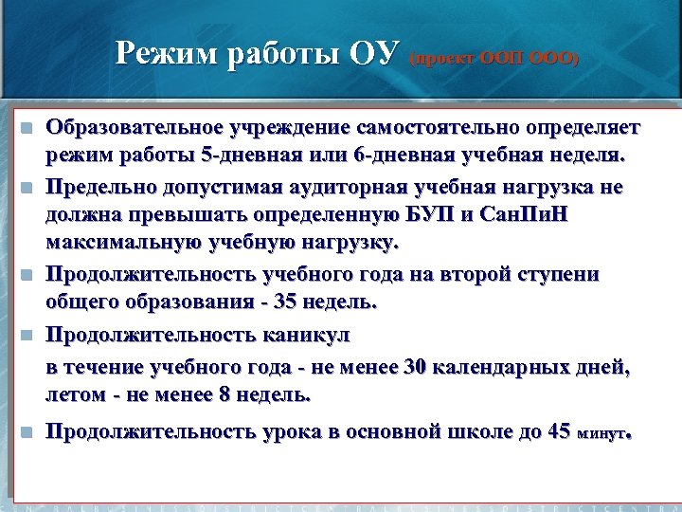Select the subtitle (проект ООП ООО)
tap(494, 59)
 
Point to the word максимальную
tap(114, 241)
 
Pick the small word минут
tap(601, 434)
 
